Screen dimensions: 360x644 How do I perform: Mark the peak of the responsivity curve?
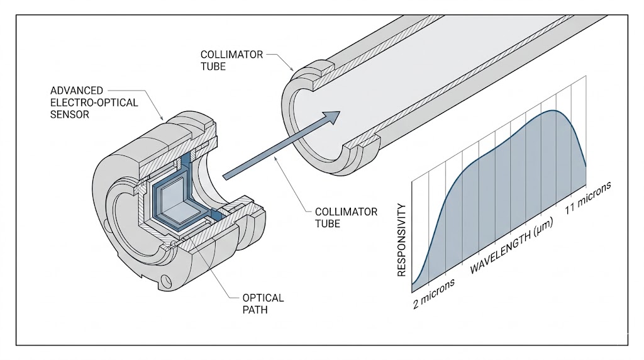pyautogui.click(x=554, y=111)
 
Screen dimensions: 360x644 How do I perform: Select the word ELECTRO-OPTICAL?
pyautogui.click(x=94, y=103)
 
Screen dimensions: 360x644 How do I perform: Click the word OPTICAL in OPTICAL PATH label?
pyautogui.click(x=263, y=298)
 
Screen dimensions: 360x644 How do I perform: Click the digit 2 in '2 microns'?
pyautogui.click(x=416, y=303)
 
